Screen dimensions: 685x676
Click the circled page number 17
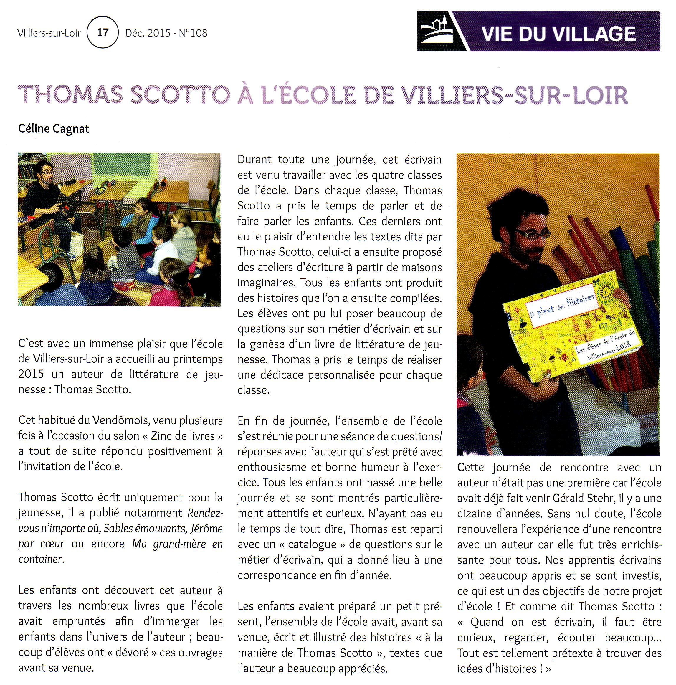[x=103, y=33]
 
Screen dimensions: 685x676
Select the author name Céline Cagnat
[x=54, y=128]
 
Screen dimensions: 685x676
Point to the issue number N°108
[x=193, y=33]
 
